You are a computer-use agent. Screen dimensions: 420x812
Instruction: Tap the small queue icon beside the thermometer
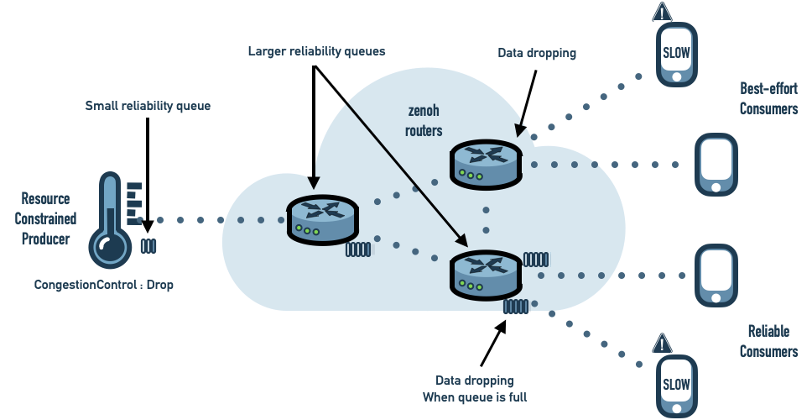tap(148, 246)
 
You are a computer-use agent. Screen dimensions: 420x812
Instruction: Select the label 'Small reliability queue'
tap(148, 107)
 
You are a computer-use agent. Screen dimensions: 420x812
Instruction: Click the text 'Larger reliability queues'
tap(316, 51)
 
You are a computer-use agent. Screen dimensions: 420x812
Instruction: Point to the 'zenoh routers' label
tap(424, 121)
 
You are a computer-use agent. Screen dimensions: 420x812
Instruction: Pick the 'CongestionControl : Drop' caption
tap(104, 285)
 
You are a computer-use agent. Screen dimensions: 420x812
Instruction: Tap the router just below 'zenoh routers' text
tap(485, 164)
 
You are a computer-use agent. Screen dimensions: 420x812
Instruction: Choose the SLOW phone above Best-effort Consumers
tap(676, 54)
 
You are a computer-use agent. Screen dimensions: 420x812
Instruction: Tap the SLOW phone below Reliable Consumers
tap(676, 386)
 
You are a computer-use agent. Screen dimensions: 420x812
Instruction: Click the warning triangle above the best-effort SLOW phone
tap(663, 13)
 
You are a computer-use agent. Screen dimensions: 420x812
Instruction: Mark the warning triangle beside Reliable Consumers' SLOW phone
tap(662, 344)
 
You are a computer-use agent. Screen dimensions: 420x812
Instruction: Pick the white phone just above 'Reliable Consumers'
tap(716, 275)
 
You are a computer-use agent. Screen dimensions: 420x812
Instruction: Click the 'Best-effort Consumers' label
tap(768, 98)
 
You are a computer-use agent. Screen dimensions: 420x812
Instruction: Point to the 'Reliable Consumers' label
tap(768, 341)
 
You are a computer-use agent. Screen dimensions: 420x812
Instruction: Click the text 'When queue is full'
tap(474, 396)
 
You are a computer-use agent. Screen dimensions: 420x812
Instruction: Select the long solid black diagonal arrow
tap(408, 172)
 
